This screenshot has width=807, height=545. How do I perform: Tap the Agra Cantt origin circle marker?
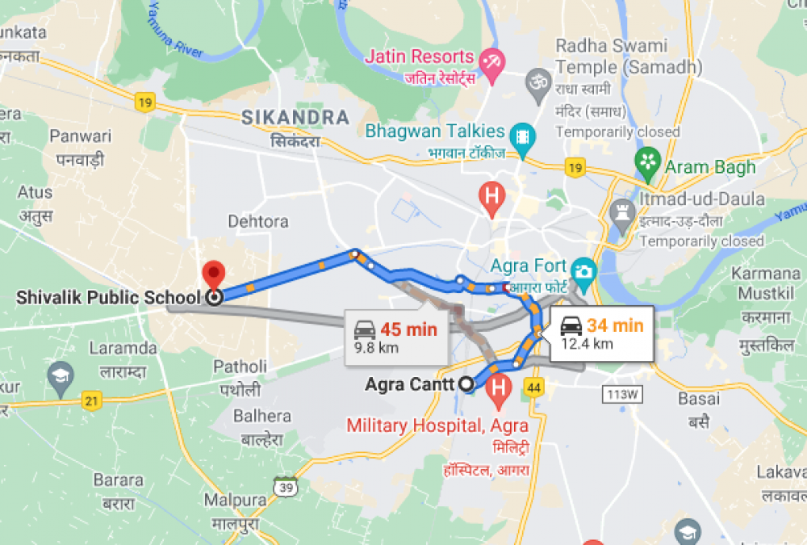pyautogui.click(x=466, y=384)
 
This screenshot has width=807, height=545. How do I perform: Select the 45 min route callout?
pyautogui.click(x=395, y=336)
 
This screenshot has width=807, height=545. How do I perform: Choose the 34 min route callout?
pyautogui.click(x=601, y=332)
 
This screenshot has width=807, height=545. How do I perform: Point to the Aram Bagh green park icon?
pyautogui.click(x=647, y=160)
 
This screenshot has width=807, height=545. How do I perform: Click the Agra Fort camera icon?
pyautogui.click(x=582, y=270)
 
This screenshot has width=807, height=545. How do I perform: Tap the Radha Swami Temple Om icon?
pyautogui.click(x=537, y=81)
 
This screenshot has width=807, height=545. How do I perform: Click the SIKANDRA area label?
pyautogui.click(x=295, y=118)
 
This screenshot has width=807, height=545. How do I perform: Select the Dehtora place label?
pyautogui.click(x=258, y=220)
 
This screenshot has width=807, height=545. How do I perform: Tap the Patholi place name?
pyautogui.click(x=240, y=367)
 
